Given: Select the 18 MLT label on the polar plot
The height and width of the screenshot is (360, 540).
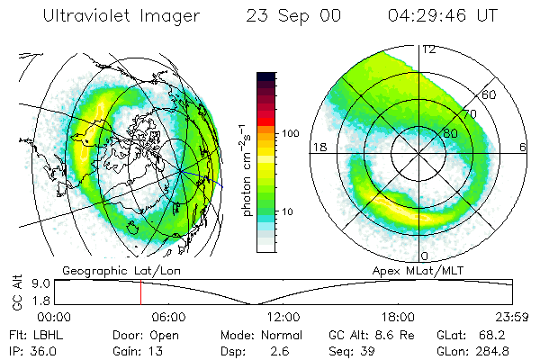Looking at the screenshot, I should pos(318,147).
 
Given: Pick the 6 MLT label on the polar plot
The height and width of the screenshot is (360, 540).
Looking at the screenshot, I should pos(523,147).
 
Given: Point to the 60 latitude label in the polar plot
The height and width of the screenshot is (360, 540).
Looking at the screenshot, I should pos(490,94).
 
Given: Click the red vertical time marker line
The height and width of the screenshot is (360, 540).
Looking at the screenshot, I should pos(140,293).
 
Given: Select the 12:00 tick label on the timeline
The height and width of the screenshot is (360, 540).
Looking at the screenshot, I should pos(283,318).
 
